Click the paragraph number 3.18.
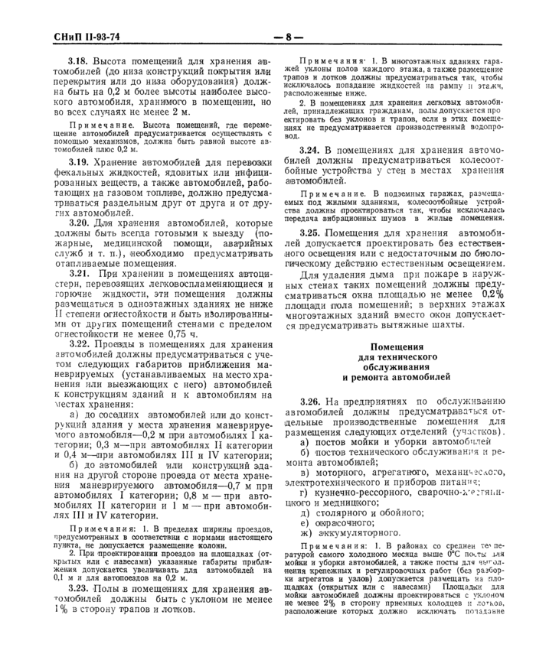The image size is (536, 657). [79, 60]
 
